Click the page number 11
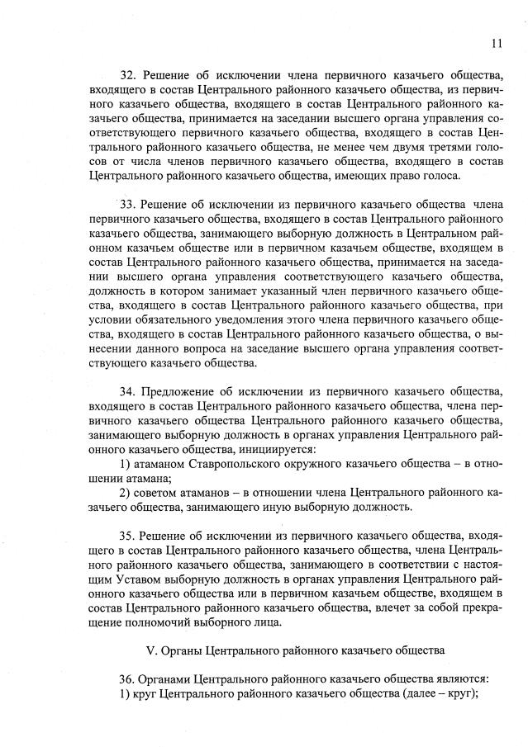pyautogui.click(x=496, y=44)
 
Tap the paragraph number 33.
pyautogui.click(x=129, y=204)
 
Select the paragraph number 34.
pyautogui.click(x=129, y=389)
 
